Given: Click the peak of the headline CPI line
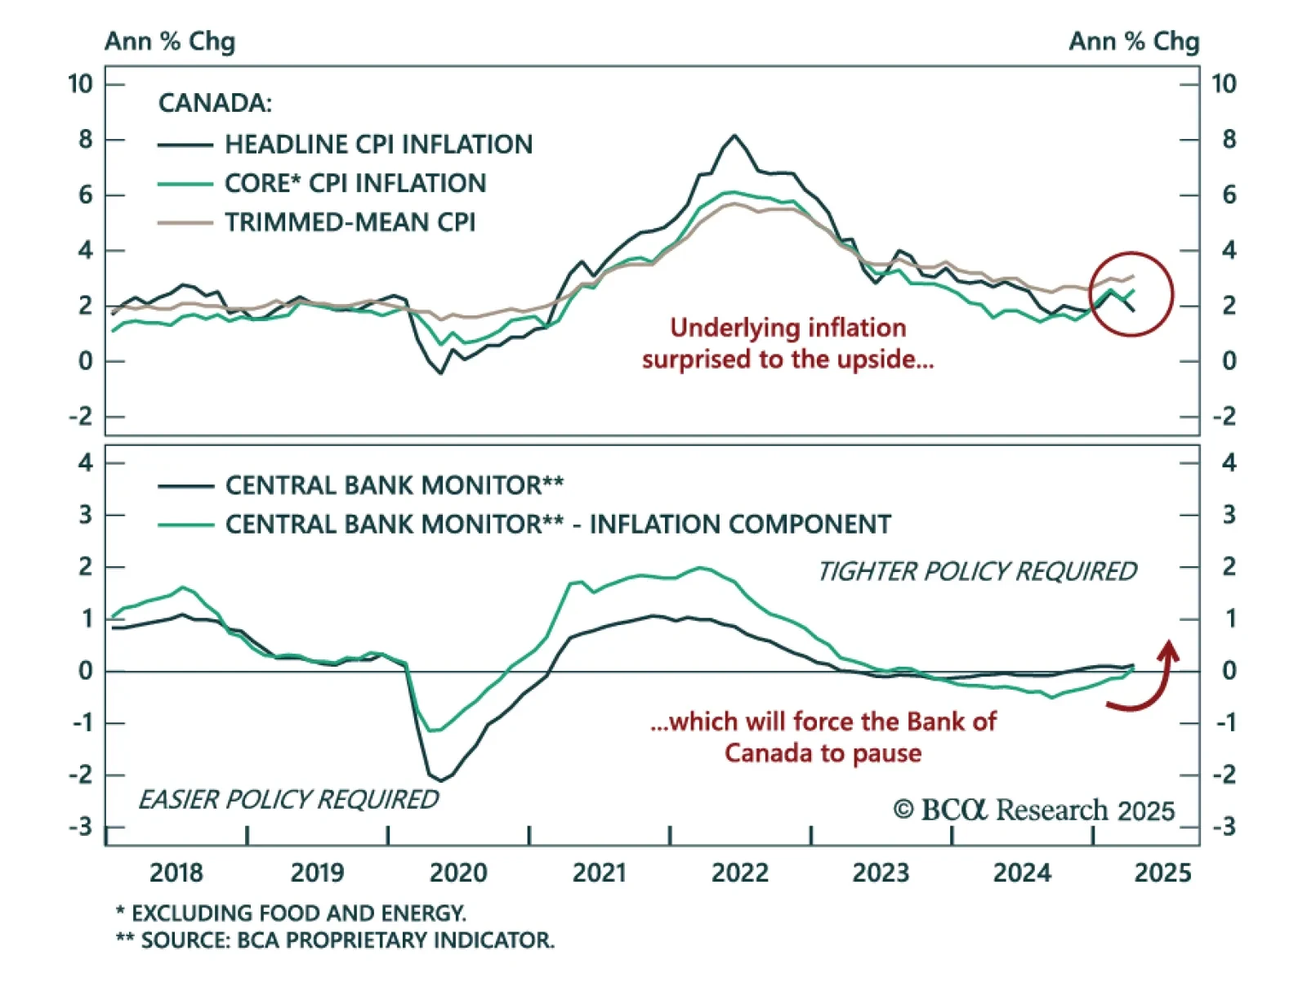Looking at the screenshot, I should (734, 136).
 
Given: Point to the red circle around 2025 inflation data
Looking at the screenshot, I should (1131, 294).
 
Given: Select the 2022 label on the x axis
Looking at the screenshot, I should (739, 873).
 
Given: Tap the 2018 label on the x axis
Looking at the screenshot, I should (176, 873).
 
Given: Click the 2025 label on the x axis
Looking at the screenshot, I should (1162, 873).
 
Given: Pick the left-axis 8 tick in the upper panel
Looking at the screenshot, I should (85, 140).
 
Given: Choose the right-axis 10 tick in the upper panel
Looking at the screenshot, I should (1224, 84).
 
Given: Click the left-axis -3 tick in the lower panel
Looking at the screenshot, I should (81, 827).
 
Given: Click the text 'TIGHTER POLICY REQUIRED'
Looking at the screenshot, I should (977, 572).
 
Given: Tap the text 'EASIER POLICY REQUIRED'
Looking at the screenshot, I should (288, 799).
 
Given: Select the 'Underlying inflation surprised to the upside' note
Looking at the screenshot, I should (787, 343).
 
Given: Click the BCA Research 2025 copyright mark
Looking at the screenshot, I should (1033, 810).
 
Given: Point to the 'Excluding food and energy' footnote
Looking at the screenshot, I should (291, 913).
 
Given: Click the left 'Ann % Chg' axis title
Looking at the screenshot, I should (170, 41).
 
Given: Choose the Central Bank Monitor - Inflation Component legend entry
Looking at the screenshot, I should (558, 525).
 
